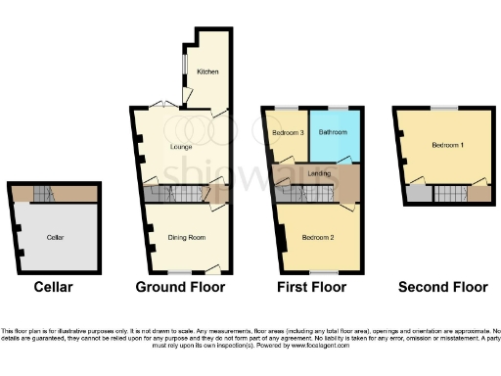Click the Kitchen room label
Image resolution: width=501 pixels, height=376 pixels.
coord(206,71)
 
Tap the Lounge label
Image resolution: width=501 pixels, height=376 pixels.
coord(180,147)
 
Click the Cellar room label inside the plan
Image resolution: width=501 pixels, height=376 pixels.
coord(55,237)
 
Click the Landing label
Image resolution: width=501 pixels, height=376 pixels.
coord(318,173)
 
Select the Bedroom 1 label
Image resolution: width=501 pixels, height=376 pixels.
coord(448,145)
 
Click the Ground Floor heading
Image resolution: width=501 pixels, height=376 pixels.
coord(181,288)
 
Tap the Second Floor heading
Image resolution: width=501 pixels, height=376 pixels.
coord(442,288)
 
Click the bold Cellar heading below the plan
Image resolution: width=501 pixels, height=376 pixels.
coord(53,288)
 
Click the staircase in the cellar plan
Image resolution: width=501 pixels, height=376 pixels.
coord(41,193)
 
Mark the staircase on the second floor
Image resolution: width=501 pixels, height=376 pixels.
coord(449,193)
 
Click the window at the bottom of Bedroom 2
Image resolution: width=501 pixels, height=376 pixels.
coord(319,272)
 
